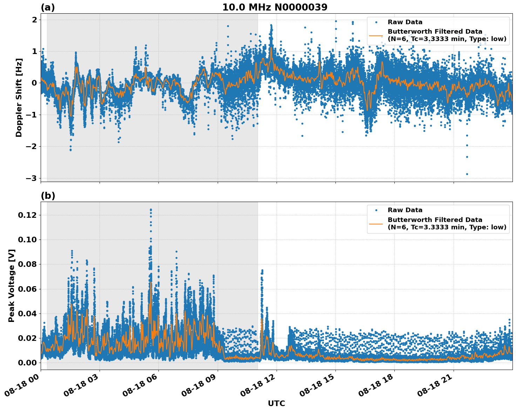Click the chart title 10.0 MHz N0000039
coord(274,7)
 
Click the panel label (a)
coord(48,7)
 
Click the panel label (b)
coord(48,196)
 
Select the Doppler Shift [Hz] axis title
coord(19,97)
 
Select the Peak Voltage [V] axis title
coord(12,285)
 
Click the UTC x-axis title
coord(276,403)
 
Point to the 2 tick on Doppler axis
coord(34,20)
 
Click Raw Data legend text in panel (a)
coord(405,22)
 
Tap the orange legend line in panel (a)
coord(376,35)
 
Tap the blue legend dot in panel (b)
coord(376,210)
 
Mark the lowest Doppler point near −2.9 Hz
coord(467,174)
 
